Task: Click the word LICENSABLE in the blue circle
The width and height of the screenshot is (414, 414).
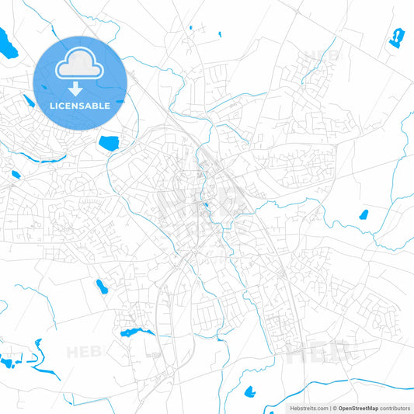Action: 80,105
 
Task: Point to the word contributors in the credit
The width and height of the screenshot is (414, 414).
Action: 395,408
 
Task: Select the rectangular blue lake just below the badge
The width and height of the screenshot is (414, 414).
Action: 108,142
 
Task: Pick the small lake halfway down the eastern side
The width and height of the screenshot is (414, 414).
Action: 362,214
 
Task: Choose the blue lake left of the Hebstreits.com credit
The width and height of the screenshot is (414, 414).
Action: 250,391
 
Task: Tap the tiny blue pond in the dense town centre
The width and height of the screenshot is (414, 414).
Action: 206,207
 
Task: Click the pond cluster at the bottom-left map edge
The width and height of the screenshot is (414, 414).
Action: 11,361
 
